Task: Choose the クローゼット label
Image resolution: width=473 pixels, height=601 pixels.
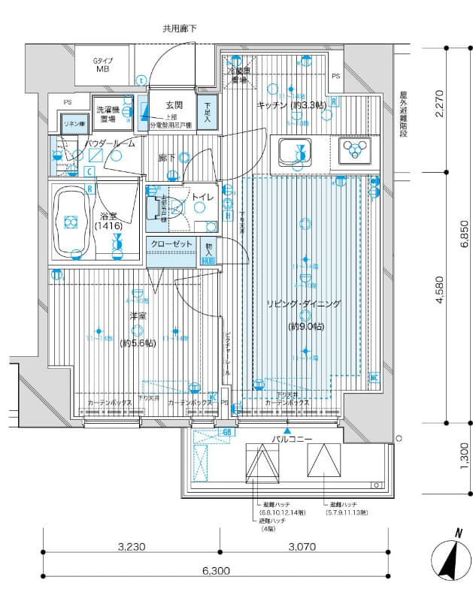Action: tap(171, 244)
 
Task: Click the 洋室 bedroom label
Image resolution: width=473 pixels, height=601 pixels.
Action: tap(137, 316)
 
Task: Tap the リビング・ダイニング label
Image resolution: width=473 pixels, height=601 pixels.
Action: tap(303, 304)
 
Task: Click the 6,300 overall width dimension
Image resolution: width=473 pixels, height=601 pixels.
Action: tap(217, 571)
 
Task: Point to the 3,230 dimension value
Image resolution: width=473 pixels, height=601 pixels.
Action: tap(132, 546)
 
